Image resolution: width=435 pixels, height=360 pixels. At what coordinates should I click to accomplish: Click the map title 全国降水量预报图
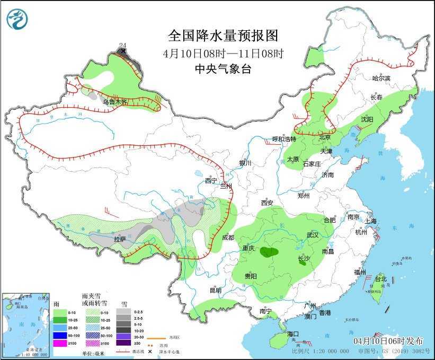223,36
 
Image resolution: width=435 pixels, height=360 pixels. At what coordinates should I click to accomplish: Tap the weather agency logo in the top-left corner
17,20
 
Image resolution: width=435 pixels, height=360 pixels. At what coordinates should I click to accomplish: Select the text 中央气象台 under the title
223,68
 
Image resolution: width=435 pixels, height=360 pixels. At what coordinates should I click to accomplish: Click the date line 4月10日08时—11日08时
223,53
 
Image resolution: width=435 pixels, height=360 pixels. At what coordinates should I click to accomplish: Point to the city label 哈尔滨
380,78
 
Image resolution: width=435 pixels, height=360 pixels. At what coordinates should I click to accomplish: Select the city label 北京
325,137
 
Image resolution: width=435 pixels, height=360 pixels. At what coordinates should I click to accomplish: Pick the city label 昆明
215,290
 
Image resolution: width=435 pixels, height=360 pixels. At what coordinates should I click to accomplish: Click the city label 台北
380,279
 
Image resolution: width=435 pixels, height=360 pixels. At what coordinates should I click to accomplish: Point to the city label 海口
293,333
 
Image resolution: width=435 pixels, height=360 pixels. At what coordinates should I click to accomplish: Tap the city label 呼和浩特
284,139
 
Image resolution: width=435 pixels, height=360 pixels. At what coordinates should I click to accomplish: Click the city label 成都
228,238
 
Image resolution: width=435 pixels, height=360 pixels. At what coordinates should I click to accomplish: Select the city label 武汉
312,235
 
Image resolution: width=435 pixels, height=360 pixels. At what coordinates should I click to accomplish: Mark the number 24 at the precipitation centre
123,45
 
